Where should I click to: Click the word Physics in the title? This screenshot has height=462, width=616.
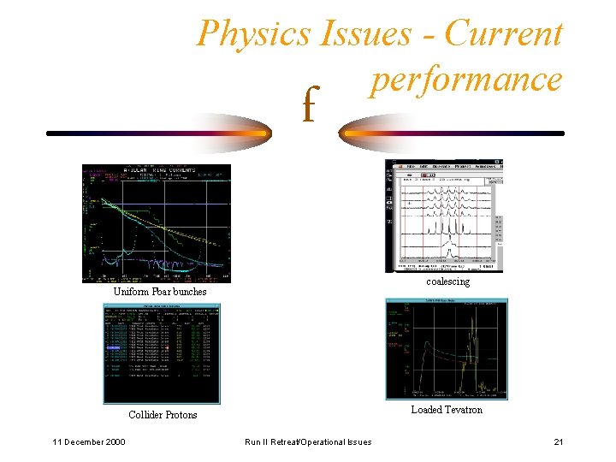pos(254,34)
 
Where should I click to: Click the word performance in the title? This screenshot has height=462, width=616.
pos(465,79)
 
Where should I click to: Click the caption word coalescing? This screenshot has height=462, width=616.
pos(447,281)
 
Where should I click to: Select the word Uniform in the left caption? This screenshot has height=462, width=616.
pos(133,292)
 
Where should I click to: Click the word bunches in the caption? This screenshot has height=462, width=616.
pos(188,292)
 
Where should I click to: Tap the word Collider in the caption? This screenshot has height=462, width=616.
pos(147,415)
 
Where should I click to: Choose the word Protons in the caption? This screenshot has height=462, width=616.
pos(182,415)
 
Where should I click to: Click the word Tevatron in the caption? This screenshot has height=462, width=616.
pos(464,410)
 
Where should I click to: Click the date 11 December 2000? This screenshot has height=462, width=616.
pos(88,441)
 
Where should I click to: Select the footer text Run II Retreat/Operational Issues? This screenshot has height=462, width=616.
pos(308,441)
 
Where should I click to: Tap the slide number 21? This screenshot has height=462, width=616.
pos(558,441)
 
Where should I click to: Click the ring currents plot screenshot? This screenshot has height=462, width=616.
pos(156,223)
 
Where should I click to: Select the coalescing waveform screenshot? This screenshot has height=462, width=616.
pos(445,215)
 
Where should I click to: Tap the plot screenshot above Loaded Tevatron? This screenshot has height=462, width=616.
pos(447,349)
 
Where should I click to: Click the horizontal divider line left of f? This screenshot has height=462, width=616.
pos(154,133)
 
